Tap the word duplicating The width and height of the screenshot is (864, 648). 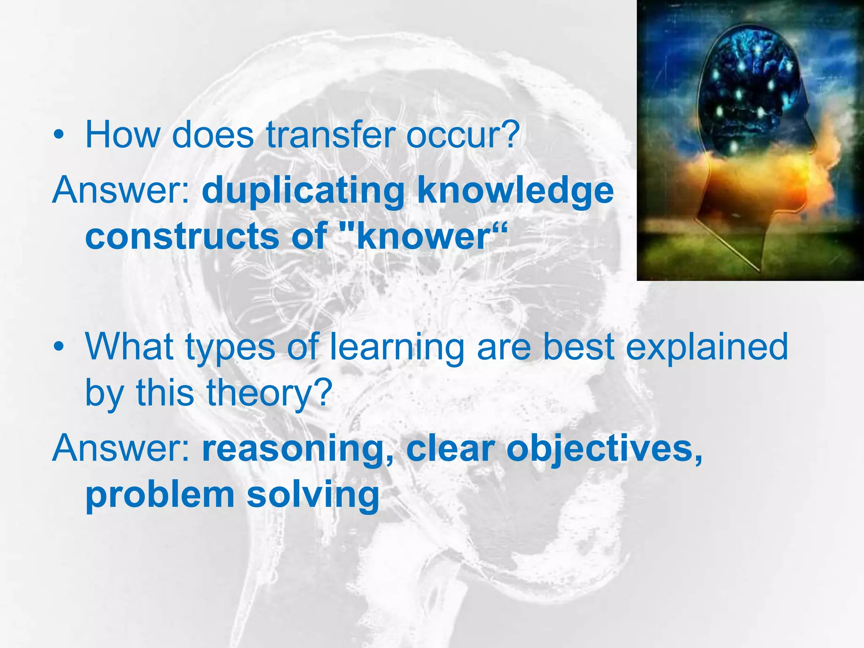pyautogui.click(x=303, y=191)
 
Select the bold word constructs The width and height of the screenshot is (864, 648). pyautogui.click(x=182, y=236)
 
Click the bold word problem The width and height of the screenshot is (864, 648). pyautogui.click(x=160, y=495)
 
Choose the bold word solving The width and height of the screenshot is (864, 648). pyautogui.click(x=313, y=495)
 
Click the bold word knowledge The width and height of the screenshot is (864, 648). pyautogui.click(x=515, y=191)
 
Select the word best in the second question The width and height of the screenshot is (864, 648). pyautogui.click(x=578, y=347)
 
